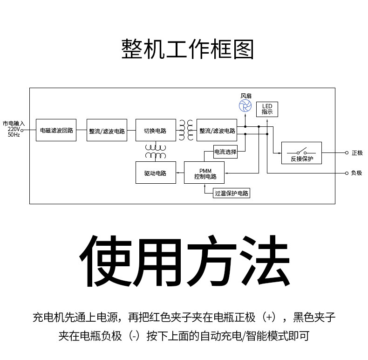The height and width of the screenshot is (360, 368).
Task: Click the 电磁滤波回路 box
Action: click(56, 130)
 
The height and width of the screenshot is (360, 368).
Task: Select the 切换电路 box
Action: click(156, 130)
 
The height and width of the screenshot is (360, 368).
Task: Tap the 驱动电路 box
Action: click(156, 173)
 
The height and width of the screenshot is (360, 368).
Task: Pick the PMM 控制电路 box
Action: click(204, 173)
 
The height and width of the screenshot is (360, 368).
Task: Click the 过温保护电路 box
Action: click(231, 193)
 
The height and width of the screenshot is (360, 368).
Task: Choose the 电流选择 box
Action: click(225, 152)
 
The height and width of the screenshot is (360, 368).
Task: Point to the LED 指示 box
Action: click(267, 109)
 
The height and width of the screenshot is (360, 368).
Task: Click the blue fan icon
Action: click(245, 106)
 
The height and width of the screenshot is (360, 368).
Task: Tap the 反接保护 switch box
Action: click(301, 153)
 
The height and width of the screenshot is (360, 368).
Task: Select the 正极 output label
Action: click(357, 153)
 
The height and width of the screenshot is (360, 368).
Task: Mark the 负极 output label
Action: click(357, 173)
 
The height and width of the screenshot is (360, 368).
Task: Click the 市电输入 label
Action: click(14, 123)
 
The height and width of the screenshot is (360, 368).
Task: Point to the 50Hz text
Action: click(14, 135)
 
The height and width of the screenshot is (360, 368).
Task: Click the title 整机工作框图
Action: click(187, 49)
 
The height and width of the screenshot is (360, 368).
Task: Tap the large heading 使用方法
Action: click(184, 261)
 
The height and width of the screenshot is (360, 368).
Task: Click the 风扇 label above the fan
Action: click(245, 96)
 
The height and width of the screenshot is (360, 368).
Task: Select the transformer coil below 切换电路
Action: click(156, 151)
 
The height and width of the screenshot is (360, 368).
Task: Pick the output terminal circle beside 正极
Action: click(347, 153)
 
